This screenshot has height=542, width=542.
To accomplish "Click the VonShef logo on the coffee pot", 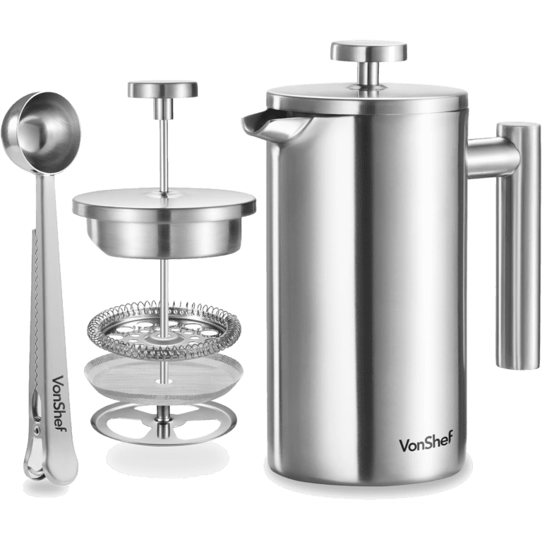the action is tap(426, 441).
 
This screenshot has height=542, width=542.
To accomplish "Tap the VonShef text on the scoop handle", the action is tap(59, 403).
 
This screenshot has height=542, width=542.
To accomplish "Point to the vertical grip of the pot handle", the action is tap(517, 246).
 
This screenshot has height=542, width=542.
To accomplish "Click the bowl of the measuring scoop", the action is tap(41, 132).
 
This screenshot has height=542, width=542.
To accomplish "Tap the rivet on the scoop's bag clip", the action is tap(36, 430).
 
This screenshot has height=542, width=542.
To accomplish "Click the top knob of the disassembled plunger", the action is tap(162, 90).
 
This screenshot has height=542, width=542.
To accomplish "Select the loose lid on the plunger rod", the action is tap(164, 222).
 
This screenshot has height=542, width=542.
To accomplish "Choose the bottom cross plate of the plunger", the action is tap(164, 423).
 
